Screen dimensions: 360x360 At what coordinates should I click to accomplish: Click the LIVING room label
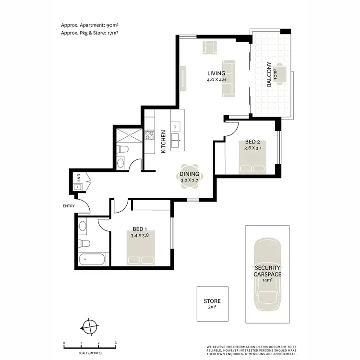coord(216,73)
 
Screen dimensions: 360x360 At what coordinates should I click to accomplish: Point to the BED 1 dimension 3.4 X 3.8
coord(140,236)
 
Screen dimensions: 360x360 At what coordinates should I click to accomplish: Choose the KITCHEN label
coord(163,141)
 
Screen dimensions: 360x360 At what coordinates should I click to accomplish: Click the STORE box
coord(212,304)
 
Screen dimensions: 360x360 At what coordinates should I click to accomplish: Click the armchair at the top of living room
coord(210,47)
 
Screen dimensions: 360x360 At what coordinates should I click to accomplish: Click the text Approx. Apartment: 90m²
coord(90,25)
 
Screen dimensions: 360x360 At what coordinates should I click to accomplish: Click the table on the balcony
coord(283,74)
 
